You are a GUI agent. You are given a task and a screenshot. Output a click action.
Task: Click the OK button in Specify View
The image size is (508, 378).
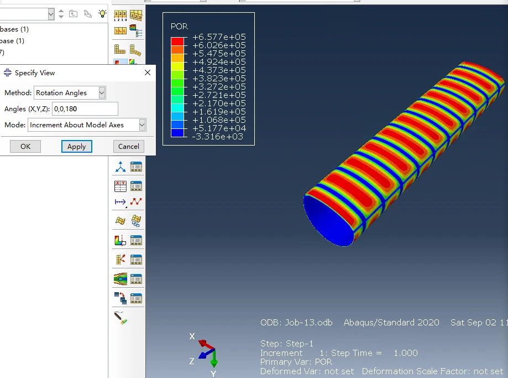point(25,146)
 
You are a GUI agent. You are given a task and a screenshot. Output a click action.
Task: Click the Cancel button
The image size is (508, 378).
point(129,146)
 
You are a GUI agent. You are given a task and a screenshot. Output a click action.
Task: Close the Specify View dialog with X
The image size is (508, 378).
point(148,73)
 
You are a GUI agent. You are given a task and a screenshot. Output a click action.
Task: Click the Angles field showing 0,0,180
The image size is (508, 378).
point(85,109)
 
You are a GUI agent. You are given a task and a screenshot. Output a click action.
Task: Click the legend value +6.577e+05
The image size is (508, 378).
point(218,37)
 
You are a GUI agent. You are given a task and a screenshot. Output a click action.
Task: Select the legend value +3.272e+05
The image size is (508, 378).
point(218,87)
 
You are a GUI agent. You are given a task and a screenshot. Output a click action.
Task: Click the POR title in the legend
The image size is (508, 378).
point(179,27)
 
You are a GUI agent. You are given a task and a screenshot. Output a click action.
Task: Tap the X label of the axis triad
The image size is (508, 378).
point(192,336)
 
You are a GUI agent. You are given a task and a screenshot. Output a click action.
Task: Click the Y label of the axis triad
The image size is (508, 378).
point(213,374)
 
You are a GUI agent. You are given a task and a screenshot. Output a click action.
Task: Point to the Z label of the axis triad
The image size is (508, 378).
point(192,361)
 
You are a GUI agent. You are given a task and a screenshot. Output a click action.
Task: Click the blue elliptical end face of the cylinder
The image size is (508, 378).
point(329,221)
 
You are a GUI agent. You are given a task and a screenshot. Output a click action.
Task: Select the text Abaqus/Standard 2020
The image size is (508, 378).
point(391,323)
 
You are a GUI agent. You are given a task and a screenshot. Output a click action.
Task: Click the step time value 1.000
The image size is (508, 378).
point(405,353)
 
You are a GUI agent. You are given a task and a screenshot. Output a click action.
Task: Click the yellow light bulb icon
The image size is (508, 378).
point(102,13)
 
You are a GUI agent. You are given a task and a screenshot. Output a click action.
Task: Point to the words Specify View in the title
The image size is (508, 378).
point(35,73)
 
